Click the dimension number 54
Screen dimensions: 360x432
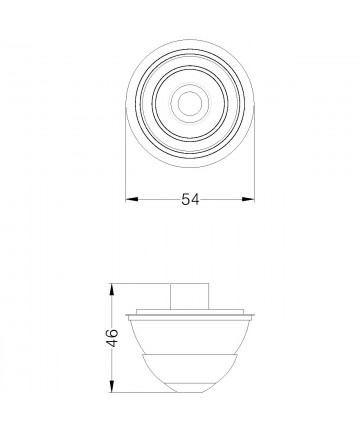[x=190, y=199]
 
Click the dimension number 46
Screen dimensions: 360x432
[x=113, y=338]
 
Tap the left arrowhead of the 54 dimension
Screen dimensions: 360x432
[x=132, y=199]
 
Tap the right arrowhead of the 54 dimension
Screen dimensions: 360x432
[x=248, y=199]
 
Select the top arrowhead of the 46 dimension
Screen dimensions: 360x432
[x=113, y=290]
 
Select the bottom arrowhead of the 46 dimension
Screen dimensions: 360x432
[x=113, y=386]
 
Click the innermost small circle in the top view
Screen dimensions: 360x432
[x=190, y=103]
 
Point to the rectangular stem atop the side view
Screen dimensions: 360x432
[x=190, y=296]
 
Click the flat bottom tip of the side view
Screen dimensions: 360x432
[x=190, y=392]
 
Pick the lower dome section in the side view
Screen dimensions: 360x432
[x=190, y=372]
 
